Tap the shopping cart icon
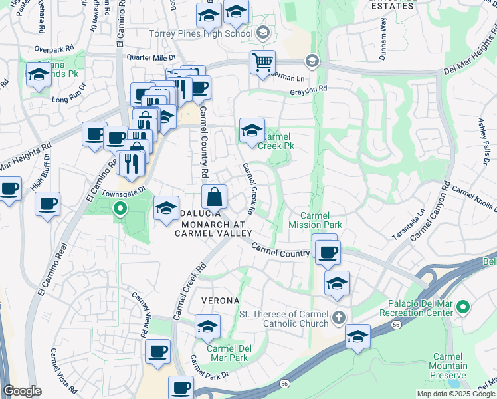[x=262, y=63]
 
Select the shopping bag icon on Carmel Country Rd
[x=215, y=198]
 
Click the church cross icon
[x=339, y=317]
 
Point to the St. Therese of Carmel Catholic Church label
[x=284, y=319]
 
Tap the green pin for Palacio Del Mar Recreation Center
[x=463, y=307]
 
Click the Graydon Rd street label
[x=308, y=89]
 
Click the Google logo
[x=22, y=392]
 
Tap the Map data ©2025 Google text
[x=456, y=394]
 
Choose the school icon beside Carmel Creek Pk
[x=252, y=131]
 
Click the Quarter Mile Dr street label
[x=150, y=58]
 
